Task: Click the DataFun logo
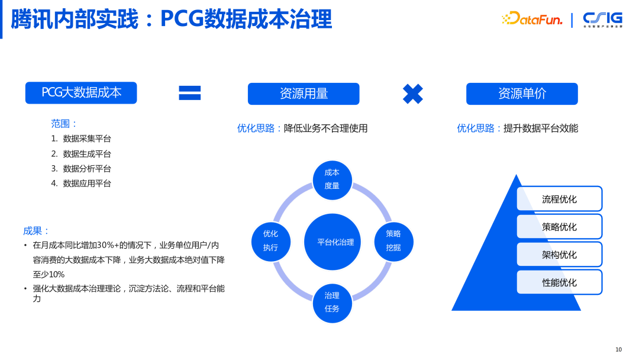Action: [531, 20]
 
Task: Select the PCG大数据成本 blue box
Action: [81, 93]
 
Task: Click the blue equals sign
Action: [190, 93]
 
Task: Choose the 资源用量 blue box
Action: [304, 94]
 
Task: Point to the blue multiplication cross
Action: [412, 94]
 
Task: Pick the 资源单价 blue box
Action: [522, 94]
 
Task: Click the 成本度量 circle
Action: [332, 179]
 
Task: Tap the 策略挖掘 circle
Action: [393, 241]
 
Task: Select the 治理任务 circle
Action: [332, 303]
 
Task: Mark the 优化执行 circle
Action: [270, 241]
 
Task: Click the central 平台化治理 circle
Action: [335, 242]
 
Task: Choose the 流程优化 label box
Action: [559, 199]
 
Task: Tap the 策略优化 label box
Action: [559, 227]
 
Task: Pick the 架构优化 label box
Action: [559, 255]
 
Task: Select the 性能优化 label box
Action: [559, 282]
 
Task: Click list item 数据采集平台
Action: [87, 139]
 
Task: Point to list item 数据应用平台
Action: [87, 184]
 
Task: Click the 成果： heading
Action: [37, 231]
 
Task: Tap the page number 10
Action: [618, 349]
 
